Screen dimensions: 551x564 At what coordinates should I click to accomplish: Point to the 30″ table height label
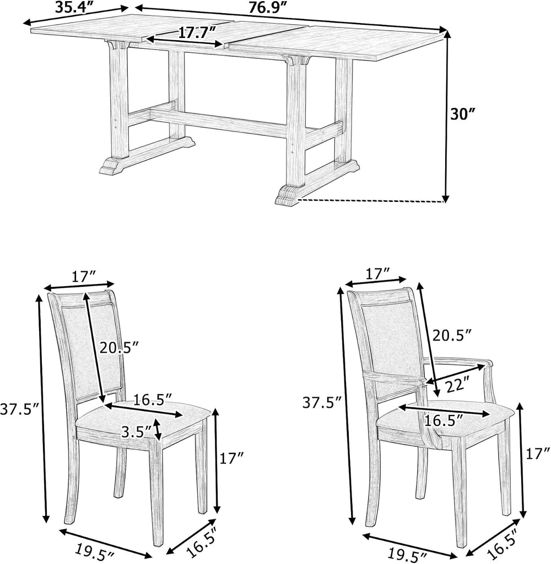coord(462,114)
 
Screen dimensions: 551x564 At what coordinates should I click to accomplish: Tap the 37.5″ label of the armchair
coord(322,402)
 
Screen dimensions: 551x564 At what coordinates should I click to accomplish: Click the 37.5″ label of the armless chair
coord(20,409)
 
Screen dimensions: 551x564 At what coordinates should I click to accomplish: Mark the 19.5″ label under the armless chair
coord(94,550)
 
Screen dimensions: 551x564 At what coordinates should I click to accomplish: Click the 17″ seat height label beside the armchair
coord(538,453)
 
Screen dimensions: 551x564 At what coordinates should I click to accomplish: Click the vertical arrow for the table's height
coord(446,117)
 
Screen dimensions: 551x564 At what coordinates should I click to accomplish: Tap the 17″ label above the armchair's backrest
coord(377,275)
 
